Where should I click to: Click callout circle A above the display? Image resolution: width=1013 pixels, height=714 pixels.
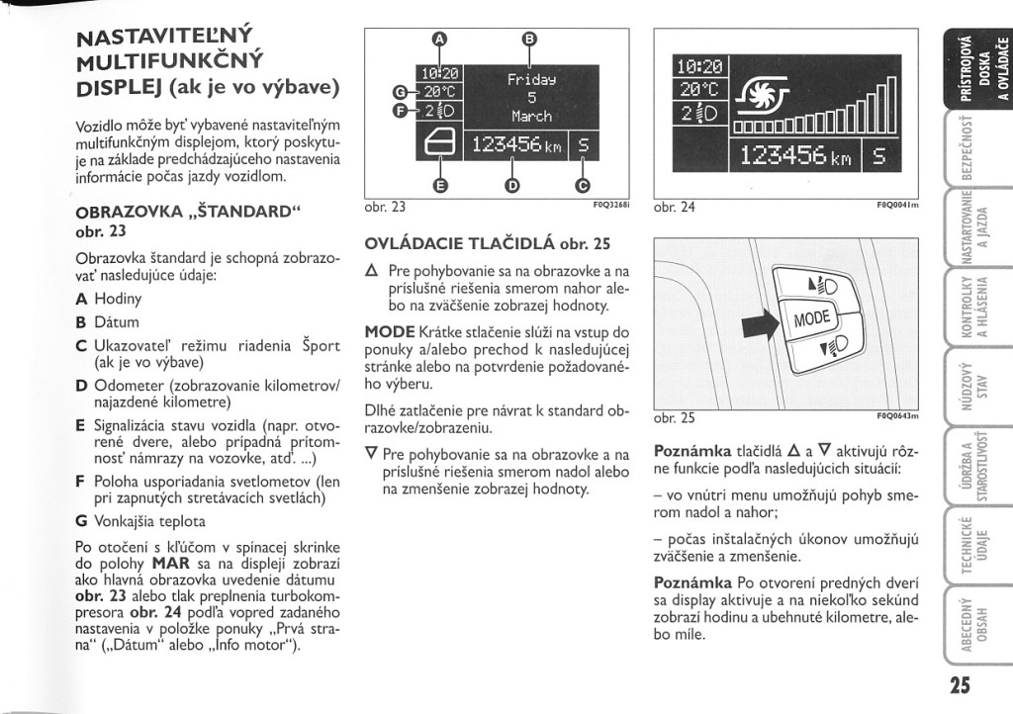click(441, 40)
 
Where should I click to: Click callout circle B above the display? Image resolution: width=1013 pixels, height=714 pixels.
click(529, 40)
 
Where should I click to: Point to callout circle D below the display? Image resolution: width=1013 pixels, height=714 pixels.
click(511, 185)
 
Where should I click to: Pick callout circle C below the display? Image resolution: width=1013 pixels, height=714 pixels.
click(582, 185)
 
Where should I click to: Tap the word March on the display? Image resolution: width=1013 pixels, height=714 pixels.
click(531, 116)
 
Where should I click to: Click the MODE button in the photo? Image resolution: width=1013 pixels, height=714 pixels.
click(811, 317)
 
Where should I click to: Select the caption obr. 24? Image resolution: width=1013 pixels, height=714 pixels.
click(675, 208)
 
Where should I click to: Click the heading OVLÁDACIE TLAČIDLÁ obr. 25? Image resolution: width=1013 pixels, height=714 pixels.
click(488, 243)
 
